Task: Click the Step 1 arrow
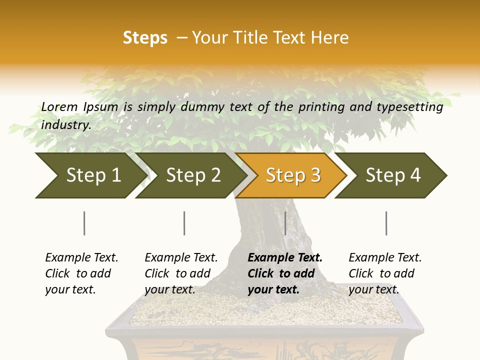pyautogui.click(x=90, y=175)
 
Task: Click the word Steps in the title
pyautogui.click(x=145, y=38)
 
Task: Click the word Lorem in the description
pyautogui.click(x=60, y=106)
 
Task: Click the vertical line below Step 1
pyautogui.click(x=84, y=223)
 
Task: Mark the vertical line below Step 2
pyautogui.click(x=184, y=223)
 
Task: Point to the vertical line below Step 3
pyautogui.click(x=285, y=223)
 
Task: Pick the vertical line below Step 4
pyautogui.click(x=386, y=223)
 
